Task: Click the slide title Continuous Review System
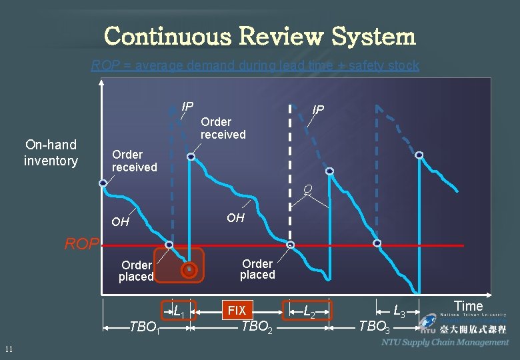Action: (260, 36)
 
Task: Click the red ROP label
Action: (81, 244)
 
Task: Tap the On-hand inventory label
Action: (51, 153)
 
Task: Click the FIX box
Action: (237, 311)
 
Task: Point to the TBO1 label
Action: (144, 327)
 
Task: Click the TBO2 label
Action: (256, 327)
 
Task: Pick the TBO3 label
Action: (374, 327)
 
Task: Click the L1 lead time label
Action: (179, 310)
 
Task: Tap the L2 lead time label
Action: (309, 310)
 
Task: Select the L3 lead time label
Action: (399, 310)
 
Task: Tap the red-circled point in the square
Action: (189, 270)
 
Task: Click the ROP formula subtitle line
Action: (255, 65)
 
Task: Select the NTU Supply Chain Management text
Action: (445, 342)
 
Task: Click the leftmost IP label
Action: (187, 107)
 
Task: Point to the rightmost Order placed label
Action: (257, 269)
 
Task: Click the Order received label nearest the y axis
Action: (134, 161)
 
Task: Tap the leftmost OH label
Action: (120, 222)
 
